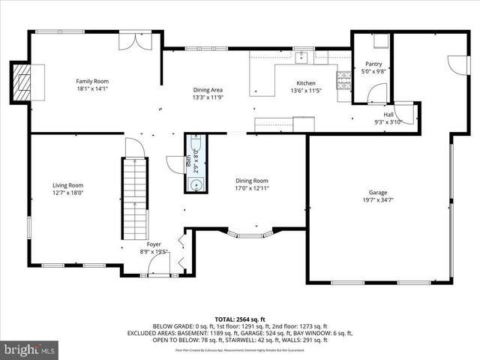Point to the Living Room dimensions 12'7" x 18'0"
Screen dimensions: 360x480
67,193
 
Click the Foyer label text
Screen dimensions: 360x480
154,244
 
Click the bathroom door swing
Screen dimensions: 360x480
175,163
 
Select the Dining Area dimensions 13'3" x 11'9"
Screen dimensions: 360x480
208,97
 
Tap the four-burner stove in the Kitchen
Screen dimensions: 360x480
345,79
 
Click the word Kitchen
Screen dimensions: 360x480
305,83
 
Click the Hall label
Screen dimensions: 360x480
388,114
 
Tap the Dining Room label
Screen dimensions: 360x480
251,181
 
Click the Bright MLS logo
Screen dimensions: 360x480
30,349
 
